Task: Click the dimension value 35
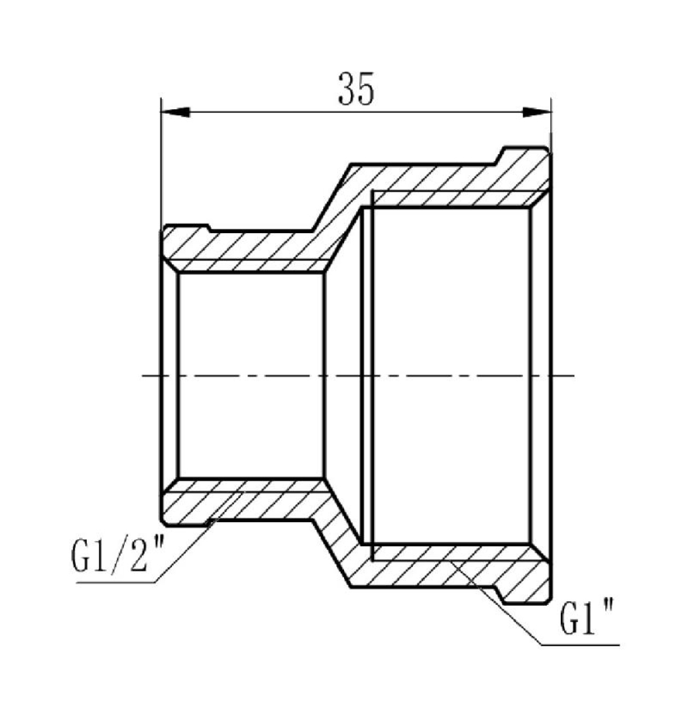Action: tap(356, 88)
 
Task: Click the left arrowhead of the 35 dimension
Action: tap(175, 112)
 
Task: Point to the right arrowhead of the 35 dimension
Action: tap(537, 112)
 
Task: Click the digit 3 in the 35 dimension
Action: tap(347, 88)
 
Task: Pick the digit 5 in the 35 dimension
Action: tap(366, 88)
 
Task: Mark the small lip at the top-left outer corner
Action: tap(185, 229)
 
